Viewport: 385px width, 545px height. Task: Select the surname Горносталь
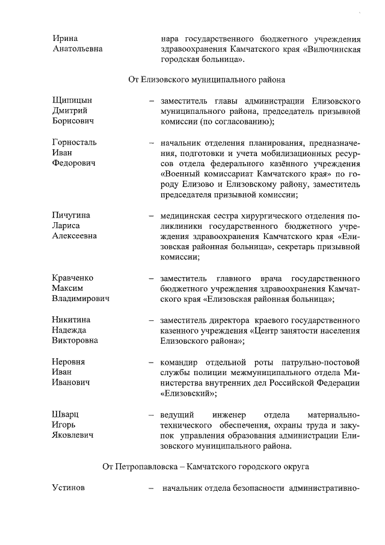tap(74, 143)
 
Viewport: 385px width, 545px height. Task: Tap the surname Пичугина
tap(72, 214)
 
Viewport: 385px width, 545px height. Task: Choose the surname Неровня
tap(69, 362)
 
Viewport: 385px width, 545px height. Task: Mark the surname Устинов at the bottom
tap(69, 488)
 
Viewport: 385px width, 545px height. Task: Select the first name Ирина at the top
tap(65, 38)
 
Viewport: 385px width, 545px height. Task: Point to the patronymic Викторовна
tap(75, 341)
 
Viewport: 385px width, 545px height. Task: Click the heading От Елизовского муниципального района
tap(206, 79)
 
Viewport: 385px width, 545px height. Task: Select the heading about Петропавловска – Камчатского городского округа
tap(206, 467)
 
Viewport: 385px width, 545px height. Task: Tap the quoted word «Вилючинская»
tap(330, 49)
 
